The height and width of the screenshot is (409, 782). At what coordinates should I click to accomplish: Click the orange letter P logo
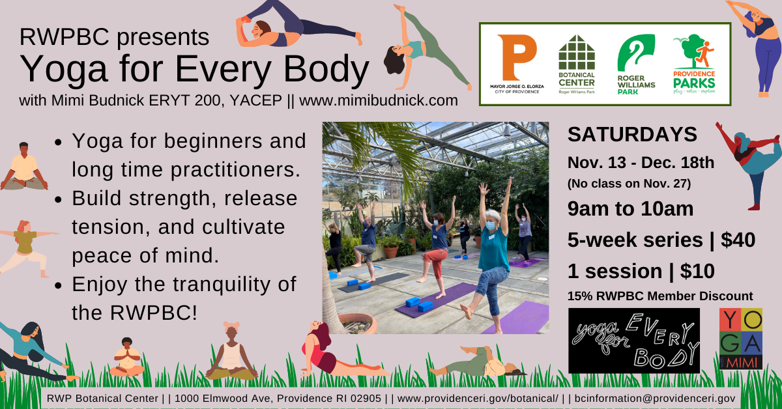click(516, 57)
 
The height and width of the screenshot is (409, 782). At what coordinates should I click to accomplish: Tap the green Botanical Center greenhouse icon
click(577, 52)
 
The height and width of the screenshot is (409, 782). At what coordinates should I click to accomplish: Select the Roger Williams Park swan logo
click(636, 52)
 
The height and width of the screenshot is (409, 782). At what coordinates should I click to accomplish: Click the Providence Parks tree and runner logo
click(693, 51)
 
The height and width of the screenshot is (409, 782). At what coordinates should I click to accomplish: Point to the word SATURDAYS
click(632, 134)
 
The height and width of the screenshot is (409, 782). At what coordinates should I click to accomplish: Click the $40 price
click(738, 240)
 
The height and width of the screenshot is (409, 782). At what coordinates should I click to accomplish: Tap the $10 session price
click(697, 271)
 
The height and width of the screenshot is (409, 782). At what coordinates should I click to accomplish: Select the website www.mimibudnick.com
click(379, 100)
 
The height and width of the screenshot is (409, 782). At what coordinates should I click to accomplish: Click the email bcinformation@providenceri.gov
click(655, 399)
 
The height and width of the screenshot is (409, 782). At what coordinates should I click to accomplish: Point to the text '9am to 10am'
click(631, 208)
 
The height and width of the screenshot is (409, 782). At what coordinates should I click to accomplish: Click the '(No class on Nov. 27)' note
click(629, 184)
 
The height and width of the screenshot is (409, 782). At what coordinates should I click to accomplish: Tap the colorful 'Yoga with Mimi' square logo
click(741, 339)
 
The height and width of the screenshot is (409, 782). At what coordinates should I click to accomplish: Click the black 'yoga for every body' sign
click(634, 341)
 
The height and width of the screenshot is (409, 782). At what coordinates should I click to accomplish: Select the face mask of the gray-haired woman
click(491, 226)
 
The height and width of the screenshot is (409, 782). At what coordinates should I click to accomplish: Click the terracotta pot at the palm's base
click(358, 323)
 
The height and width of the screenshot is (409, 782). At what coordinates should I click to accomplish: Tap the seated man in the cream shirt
click(23, 167)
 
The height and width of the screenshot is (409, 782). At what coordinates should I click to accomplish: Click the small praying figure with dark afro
click(126, 357)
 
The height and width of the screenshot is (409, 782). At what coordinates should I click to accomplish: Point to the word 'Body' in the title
click(326, 69)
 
